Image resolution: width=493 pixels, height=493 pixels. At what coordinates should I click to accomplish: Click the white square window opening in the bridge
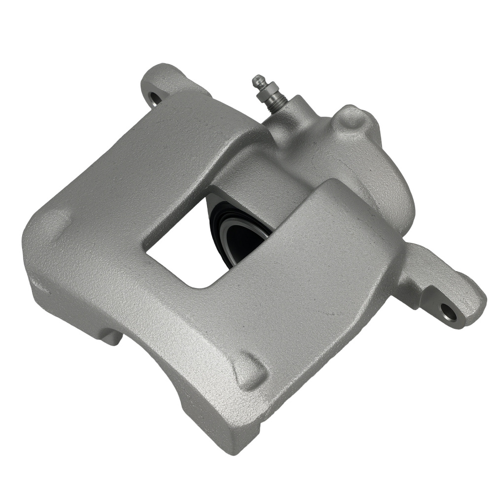click(182, 251)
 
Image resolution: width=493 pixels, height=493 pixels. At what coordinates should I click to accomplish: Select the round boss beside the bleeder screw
click(351, 119)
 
